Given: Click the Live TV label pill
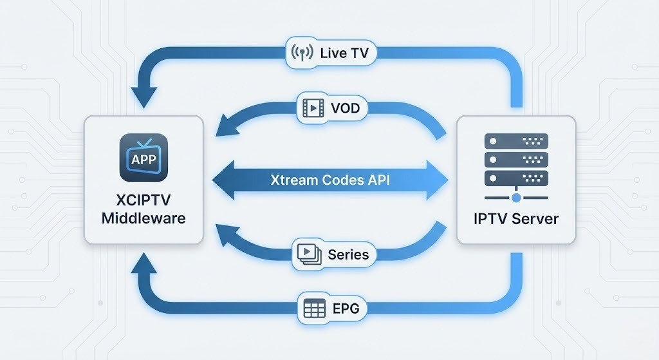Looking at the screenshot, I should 331,53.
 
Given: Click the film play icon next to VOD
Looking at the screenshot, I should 313,108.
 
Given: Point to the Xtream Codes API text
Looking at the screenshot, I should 329,180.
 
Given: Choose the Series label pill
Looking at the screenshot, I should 333,254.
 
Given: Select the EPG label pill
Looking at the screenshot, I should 332,308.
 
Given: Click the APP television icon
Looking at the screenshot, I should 144,157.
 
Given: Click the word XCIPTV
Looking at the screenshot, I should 144,200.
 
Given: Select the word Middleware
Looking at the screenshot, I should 144,218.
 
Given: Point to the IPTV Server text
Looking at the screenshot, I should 515,218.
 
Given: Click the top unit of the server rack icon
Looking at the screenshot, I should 515,141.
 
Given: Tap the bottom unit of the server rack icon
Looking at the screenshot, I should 515,177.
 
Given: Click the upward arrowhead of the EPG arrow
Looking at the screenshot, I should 144,262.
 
